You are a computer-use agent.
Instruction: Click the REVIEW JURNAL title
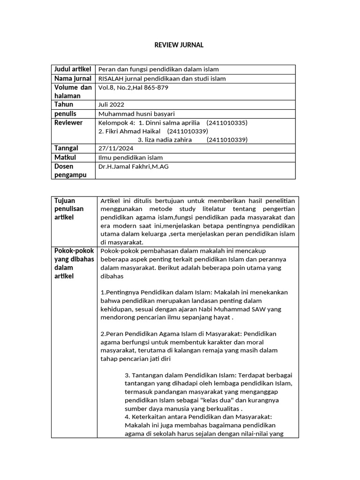tap(179, 45)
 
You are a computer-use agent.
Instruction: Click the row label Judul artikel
tap(73, 69)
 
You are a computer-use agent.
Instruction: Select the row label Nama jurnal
tap(73, 78)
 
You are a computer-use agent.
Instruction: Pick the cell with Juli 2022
tap(111, 105)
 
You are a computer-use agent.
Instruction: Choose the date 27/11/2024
tap(112, 149)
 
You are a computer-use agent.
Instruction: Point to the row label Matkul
tap(65, 157)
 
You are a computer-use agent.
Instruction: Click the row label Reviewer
tap(68, 122)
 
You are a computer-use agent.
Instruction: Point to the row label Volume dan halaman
tap(73, 91)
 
